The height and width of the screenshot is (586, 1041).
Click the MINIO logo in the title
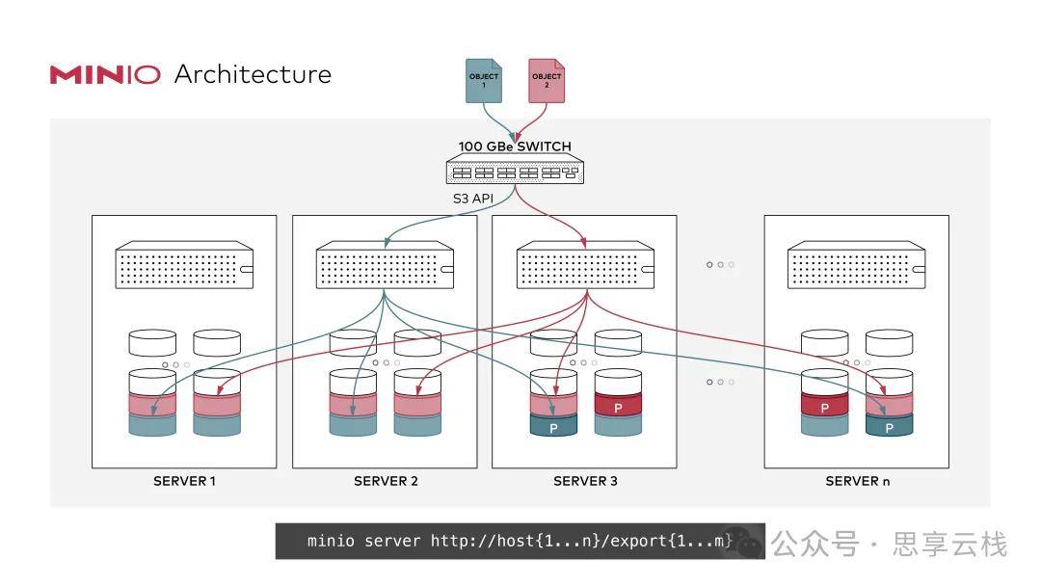[x=105, y=74]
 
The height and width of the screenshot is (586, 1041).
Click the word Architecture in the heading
[x=253, y=74]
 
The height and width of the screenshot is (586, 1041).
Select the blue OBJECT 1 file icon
[x=484, y=81]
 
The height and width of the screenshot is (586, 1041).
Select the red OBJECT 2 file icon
[x=547, y=81]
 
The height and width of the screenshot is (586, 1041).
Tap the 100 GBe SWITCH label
[x=514, y=146]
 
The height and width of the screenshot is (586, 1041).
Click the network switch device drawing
[x=514, y=171]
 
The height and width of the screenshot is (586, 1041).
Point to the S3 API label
[x=474, y=199]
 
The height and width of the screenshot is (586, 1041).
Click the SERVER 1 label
[x=184, y=481]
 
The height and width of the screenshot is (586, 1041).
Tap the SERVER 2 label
[x=385, y=481]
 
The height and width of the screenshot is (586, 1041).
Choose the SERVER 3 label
[x=585, y=481]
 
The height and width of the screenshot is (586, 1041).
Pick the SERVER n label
[x=857, y=481]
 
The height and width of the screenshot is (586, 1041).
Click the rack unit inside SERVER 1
[x=184, y=267]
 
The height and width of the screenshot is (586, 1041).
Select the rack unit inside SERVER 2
[x=385, y=267]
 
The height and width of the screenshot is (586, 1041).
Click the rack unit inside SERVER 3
[x=585, y=267]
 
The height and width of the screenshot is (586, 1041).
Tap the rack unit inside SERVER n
[x=857, y=267]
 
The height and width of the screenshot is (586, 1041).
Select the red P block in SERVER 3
[x=618, y=407]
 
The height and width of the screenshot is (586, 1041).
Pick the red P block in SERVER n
[x=825, y=407]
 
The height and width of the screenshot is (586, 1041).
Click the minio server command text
[x=519, y=541]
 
